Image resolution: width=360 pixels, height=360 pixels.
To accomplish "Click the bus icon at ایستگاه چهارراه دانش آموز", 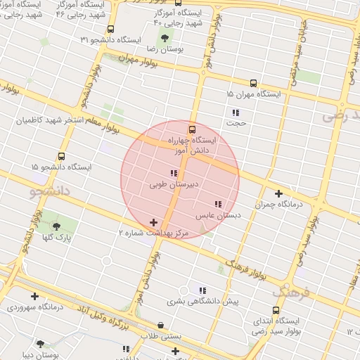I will (192, 129).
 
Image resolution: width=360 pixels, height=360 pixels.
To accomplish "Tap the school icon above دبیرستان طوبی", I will (173, 173).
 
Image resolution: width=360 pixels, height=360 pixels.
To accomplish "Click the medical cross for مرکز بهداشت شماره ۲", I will (154, 222).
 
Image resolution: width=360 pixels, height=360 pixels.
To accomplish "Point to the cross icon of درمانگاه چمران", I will (279, 193).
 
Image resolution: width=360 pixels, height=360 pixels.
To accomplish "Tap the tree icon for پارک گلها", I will (57, 226).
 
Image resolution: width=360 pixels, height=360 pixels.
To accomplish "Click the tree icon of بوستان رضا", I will (164, 38).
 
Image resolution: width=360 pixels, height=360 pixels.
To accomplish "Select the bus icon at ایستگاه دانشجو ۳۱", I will (110, 29).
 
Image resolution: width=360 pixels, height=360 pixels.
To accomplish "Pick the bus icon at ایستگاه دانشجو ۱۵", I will (62, 156).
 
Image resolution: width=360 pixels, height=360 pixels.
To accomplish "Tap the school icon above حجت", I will (236, 112).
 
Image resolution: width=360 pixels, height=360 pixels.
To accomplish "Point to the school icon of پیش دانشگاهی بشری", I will (202, 290).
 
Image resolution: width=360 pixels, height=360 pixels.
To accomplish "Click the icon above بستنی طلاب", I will (161, 325).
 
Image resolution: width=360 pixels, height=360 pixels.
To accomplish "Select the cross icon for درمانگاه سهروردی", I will (34, 296).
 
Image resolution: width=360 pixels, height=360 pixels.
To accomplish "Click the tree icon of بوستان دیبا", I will (41, 344).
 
